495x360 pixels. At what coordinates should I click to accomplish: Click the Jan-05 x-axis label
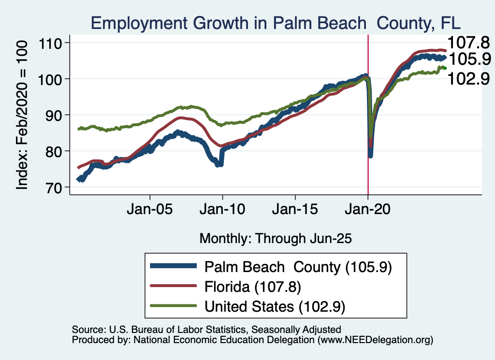click(150, 211)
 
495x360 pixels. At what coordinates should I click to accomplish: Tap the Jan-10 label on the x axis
click(222, 211)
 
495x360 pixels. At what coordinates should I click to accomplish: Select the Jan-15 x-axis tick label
click(295, 211)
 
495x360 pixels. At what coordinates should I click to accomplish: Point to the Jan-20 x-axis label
click(368, 211)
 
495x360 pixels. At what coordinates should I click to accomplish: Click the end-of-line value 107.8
click(468, 42)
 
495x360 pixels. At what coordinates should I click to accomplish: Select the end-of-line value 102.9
click(468, 78)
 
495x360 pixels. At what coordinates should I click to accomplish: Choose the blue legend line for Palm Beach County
click(173, 266)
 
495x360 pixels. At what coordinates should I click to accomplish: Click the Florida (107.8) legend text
click(253, 287)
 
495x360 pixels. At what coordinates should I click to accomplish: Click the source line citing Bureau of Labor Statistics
click(206, 330)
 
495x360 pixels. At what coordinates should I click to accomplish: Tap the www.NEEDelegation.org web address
click(373, 340)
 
